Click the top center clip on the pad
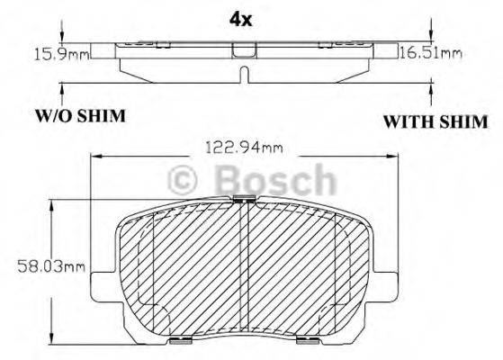244,200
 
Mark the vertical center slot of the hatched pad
244,270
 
